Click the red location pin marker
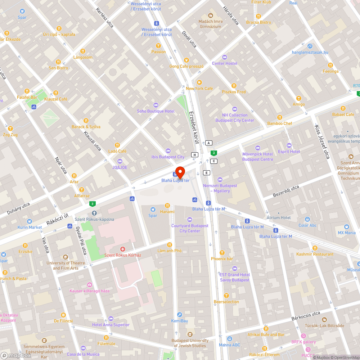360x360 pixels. pyautogui.click(x=180, y=172)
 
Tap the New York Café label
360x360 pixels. pyautogui.click(x=199, y=89)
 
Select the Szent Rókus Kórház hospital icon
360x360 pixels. pyautogui.click(x=122, y=249)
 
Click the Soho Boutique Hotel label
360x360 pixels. pyautogui.click(x=156, y=111)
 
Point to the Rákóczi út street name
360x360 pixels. pyautogui.click(x=57, y=219)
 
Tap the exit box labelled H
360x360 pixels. pyautogui.click(x=195, y=154)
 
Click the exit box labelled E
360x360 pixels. pyautogui.click(x=207, y=173)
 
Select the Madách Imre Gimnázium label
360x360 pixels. pyautogui.click(x=211, y=24)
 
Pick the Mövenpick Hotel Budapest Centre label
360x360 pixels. pyautogui.click(x=257, y=157)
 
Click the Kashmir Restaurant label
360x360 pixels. pyautogui.click(x=315, y=254)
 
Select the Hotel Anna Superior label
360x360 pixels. pyautogui.click(x=111, y=325)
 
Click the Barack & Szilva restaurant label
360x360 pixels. pyautogui.click(x=86, y=127)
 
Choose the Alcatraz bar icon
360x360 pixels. pyautogui.click(x=82, y=190)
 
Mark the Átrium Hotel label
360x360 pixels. pyautogui.click(x=278, y=217)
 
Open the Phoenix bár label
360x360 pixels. pyautogui.click(x=222, y=258)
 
